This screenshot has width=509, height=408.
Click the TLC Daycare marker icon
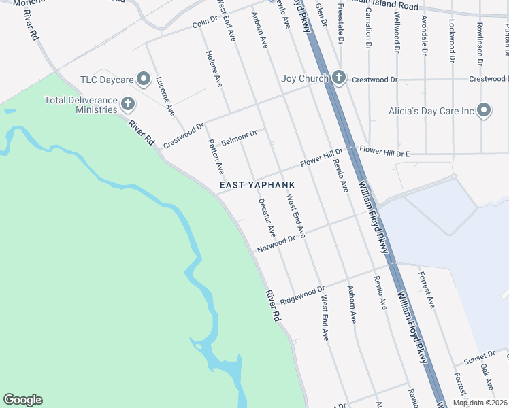click(x=143, y=80)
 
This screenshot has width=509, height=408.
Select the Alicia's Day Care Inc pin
click(x=484, y=110)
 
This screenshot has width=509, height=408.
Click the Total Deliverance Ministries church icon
click(x=127, y=104)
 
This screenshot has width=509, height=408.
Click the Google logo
click(x=22, y=400)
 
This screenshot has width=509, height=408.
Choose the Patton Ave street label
click(x=215, y=157)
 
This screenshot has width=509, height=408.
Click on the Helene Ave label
click(x=214, y=71)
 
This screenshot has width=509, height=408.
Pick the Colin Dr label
click(x=204, y=24)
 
